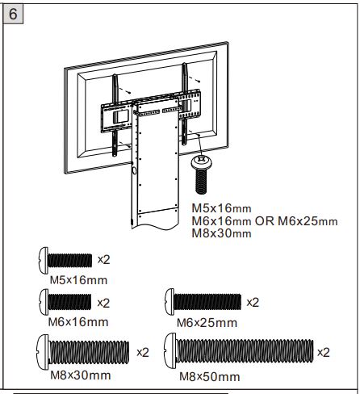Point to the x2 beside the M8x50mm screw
(x=323, y=353)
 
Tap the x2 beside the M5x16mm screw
(x=103, y=260)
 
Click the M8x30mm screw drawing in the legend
(x=82, y=353)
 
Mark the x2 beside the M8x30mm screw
(x=143, y=353)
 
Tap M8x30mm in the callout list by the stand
(x=221, y=233)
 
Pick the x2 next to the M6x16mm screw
(x=103, y=302)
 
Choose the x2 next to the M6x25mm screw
(x=252, y=302)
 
